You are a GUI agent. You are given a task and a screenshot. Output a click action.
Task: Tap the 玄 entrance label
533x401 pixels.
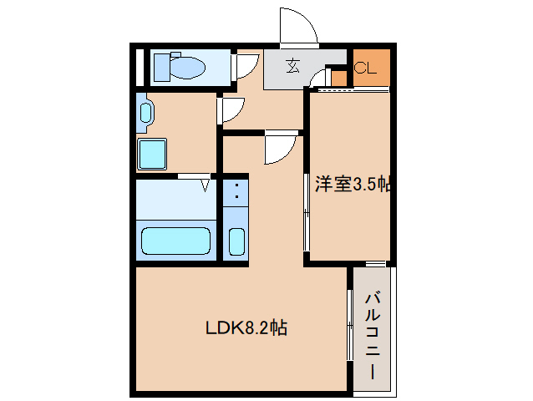[x=293, y=66]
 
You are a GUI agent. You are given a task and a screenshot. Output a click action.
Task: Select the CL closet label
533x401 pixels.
[x=366, y=68]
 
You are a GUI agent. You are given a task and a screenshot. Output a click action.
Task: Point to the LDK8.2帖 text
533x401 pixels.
[x=246, y=327]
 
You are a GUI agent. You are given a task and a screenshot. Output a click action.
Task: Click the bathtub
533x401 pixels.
[x=175, y=241]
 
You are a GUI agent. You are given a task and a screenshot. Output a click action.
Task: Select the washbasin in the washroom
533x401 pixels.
[x=145, y=113]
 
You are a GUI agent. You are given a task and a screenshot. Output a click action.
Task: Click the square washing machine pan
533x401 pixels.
[x=152, y=154]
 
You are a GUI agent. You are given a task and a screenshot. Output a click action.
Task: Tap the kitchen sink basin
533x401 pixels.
[x=236, y=241]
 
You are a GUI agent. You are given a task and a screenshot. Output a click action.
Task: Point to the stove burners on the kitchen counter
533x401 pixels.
[x=236, y=192]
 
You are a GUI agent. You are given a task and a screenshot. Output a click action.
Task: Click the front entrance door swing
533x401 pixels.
[x=298, y=25]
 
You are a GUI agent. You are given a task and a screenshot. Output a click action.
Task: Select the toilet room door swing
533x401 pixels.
[x=246, y=66]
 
